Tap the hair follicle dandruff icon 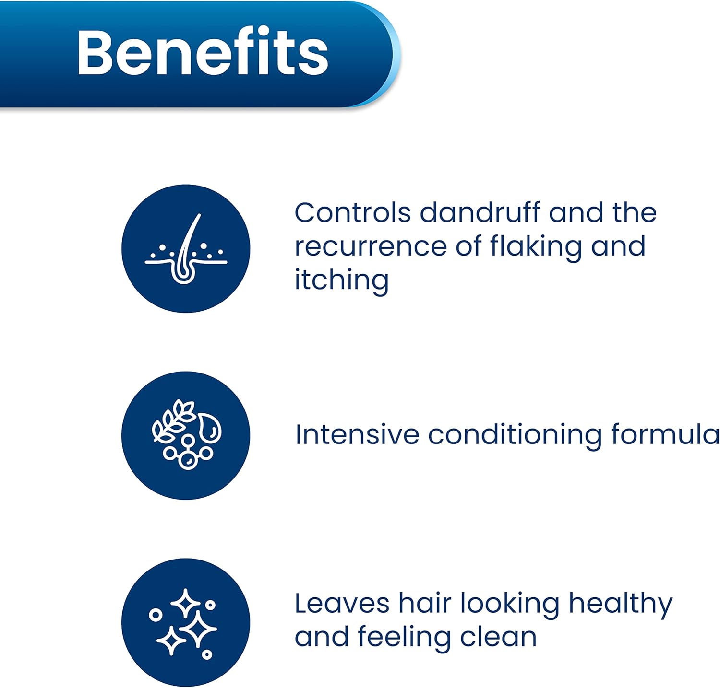pyautogui.click(x=186, y=248)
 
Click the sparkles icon pyautogui.click(x=186, y=622)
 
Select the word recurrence pyautogui.click(x=371, y=247)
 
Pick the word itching pyautogui.click(x=341, y=280)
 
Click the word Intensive pyautogui.click(x=357, y=435)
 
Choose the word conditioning pyautogui.click(x=515, y=436)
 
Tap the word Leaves pyautogui.click(x=342, y=603)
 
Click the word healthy pyautogui.click(x=620, y=605)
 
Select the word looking pyautogui.click(x=510, y=605)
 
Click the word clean pyautogui.click(x=498, y=637)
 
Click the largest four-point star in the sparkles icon pyautogui.click(x=198, y=629)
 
